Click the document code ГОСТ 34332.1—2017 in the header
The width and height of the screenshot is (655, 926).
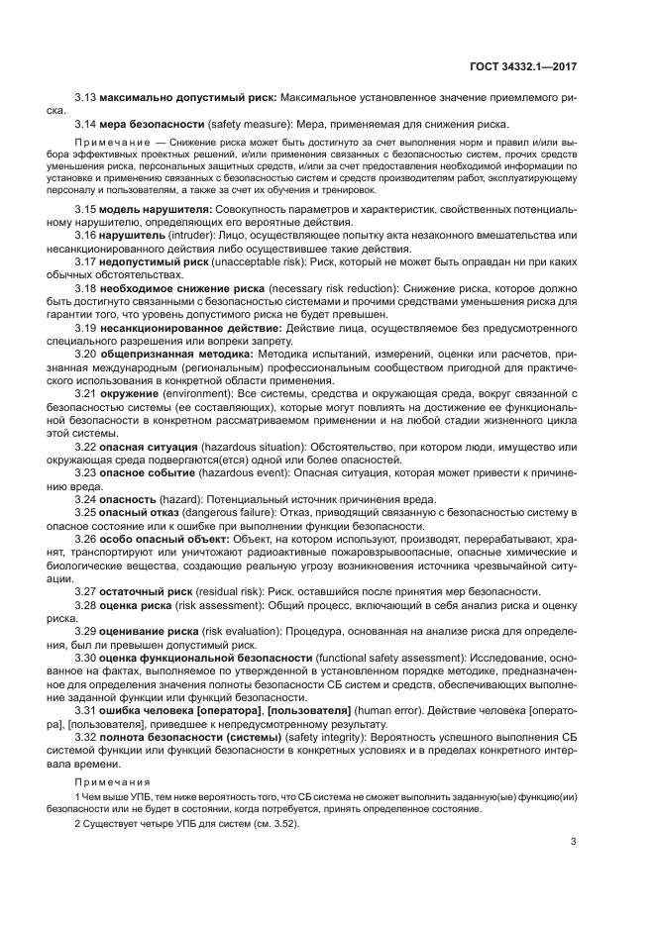[x=523, y=66]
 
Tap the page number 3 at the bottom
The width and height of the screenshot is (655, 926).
[x=574, y=843]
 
